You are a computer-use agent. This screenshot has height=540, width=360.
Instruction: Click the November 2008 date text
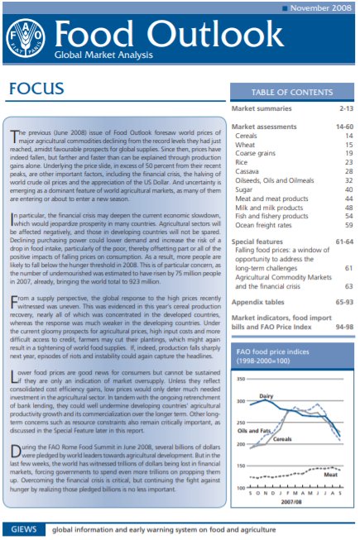click(318, 7)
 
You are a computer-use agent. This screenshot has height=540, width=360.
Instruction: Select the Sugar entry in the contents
click(246, 189)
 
